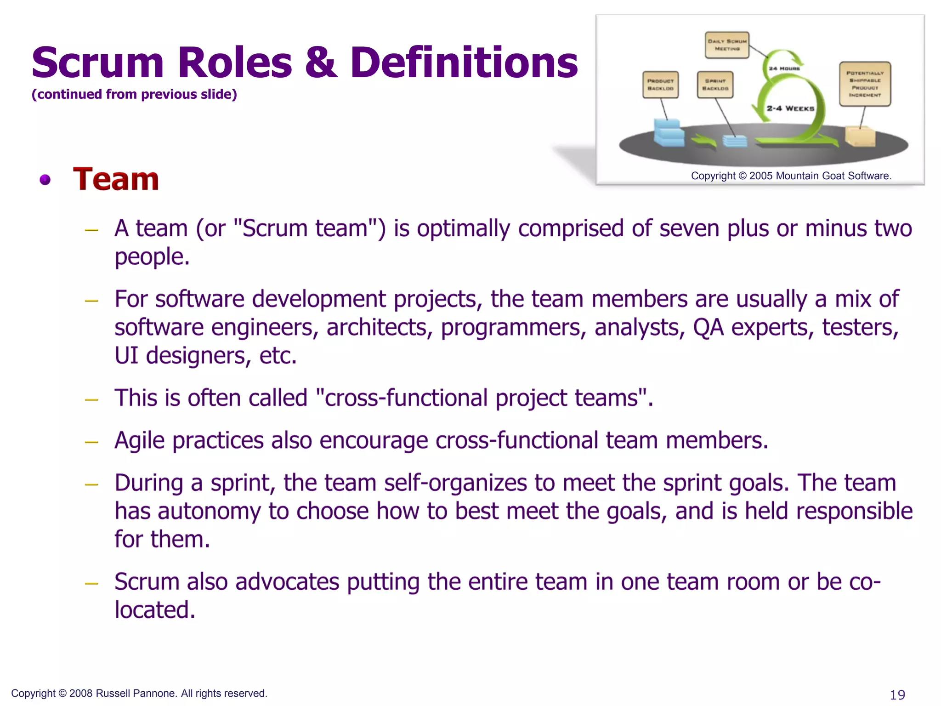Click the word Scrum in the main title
tap(97, 63)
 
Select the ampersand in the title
tap(321, 63)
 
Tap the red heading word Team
tap(116, 179)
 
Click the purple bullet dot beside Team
tap(45, 180)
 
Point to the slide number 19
tap(897, 695)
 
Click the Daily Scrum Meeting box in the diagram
tap(727, 45)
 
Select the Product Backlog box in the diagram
tap(660, 85)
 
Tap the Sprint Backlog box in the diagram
tap(715, 85)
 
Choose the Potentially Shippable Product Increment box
tap(865, 84)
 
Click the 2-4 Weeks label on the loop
tap(790, 108)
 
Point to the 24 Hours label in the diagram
tap(784, 68)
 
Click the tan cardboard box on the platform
tap(860, 137)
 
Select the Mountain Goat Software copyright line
tap(791, 176)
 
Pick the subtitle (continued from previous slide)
tap(134, 94)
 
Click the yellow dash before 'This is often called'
tap(92, 399)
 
